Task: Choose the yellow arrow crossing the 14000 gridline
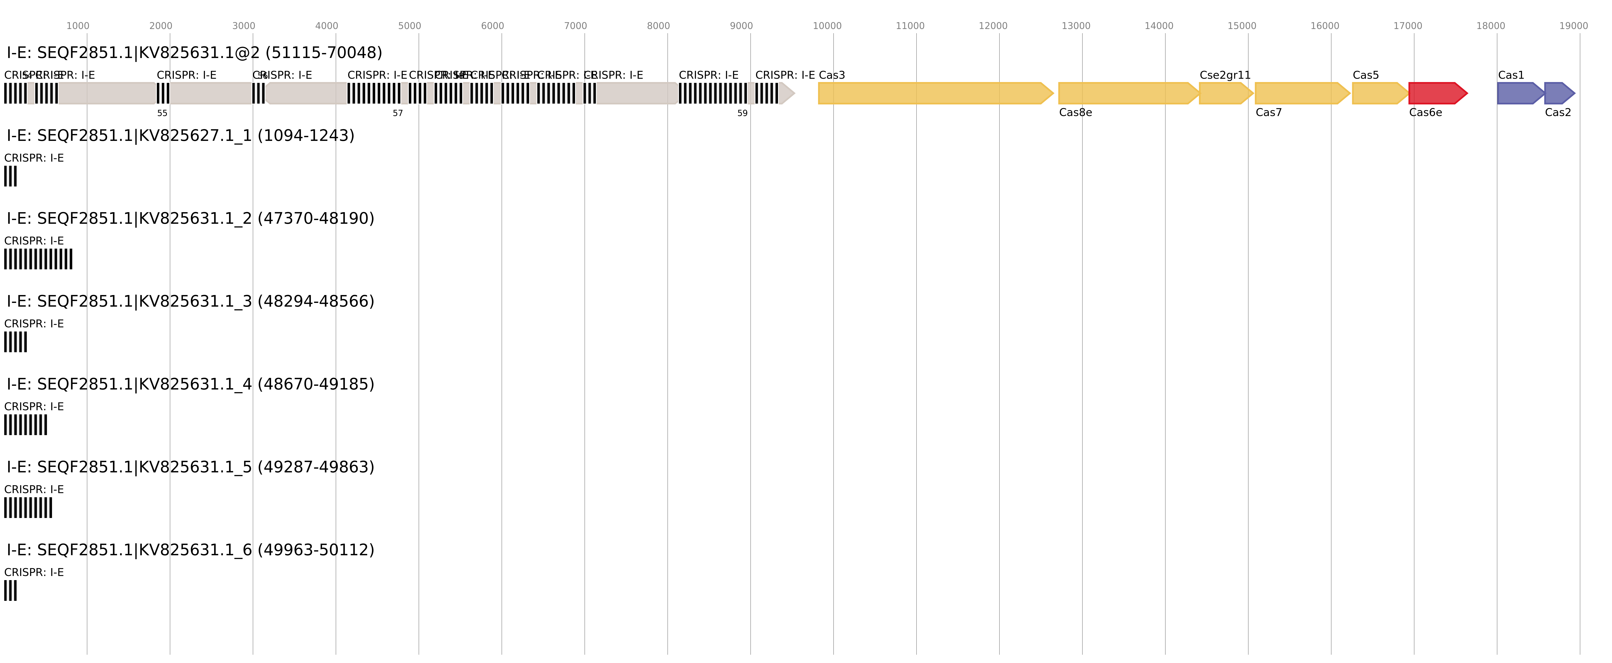[x=1126, y=93]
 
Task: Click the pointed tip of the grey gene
[x=790, y=93]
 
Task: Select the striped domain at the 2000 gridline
[x=163, y=93]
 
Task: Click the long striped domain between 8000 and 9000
[x=712, y=93]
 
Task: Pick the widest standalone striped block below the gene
[x=38, y=259]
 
